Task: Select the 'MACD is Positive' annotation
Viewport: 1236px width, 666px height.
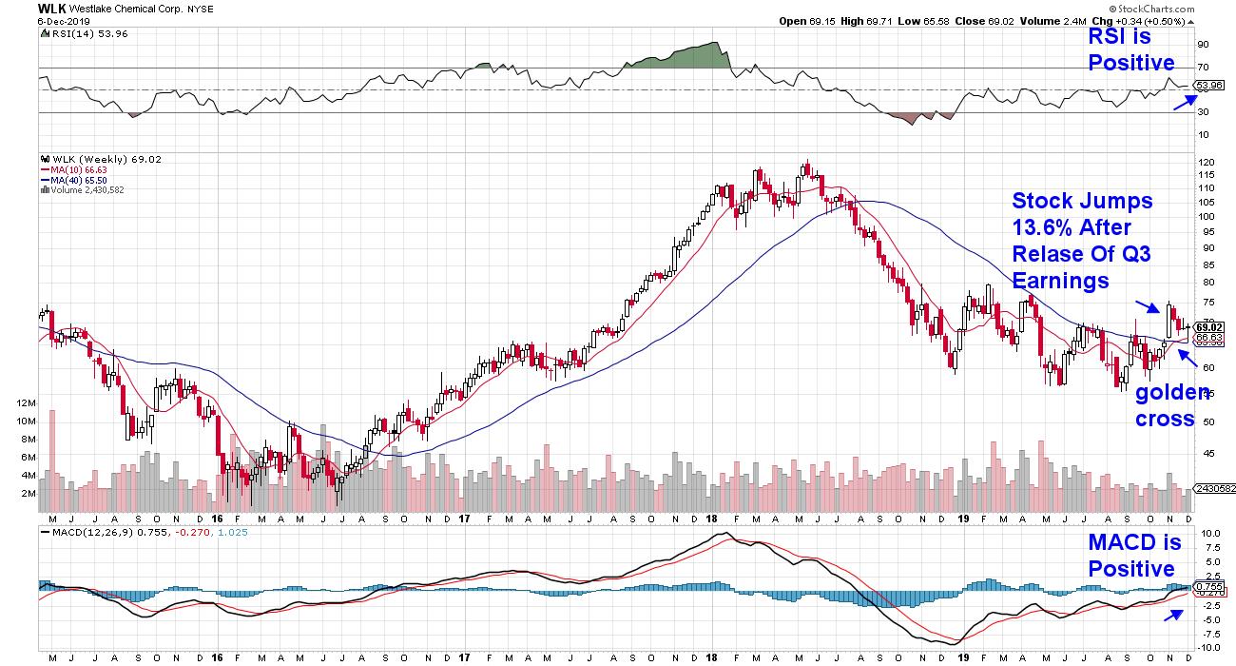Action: click(x=1135, y=556)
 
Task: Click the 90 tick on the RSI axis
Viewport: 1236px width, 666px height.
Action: click(x=1203, y=44)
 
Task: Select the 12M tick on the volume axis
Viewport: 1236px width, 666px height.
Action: click(x=26, y=403)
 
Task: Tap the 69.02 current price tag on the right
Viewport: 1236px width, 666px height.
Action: click(x=1208, y=327)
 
